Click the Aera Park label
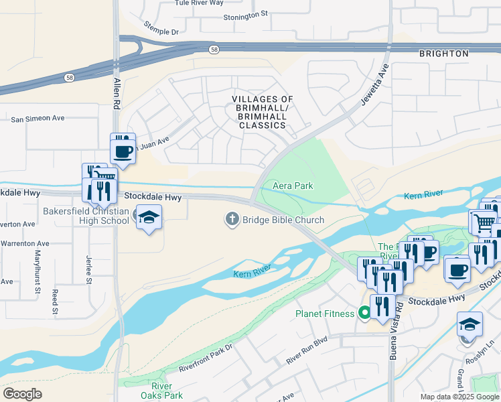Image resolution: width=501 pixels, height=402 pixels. pyautogui.click(x=293, y=186)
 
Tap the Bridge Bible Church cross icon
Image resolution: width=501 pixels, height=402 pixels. pyautogui.click(x=232, y=219)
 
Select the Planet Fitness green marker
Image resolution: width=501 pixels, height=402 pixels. pyautogui.click(x=364, y=313)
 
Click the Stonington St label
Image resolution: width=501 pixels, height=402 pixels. pyautogui.click(x=245, y=13)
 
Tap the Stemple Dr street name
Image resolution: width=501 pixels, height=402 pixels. pyautogui.click(x=161, y=27)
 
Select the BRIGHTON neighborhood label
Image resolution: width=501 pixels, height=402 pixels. pyautogui.click(x=443, y=54)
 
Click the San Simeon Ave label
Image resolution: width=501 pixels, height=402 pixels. pyautogui.click(x=38, y=119)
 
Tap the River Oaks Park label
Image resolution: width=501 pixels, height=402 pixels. pyautogui.click(x=162, y=391)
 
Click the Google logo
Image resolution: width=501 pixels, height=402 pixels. pyautogui.click(x=22, y=394)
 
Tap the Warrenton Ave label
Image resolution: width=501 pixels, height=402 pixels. pyautogui.click(x=25, y=243)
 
